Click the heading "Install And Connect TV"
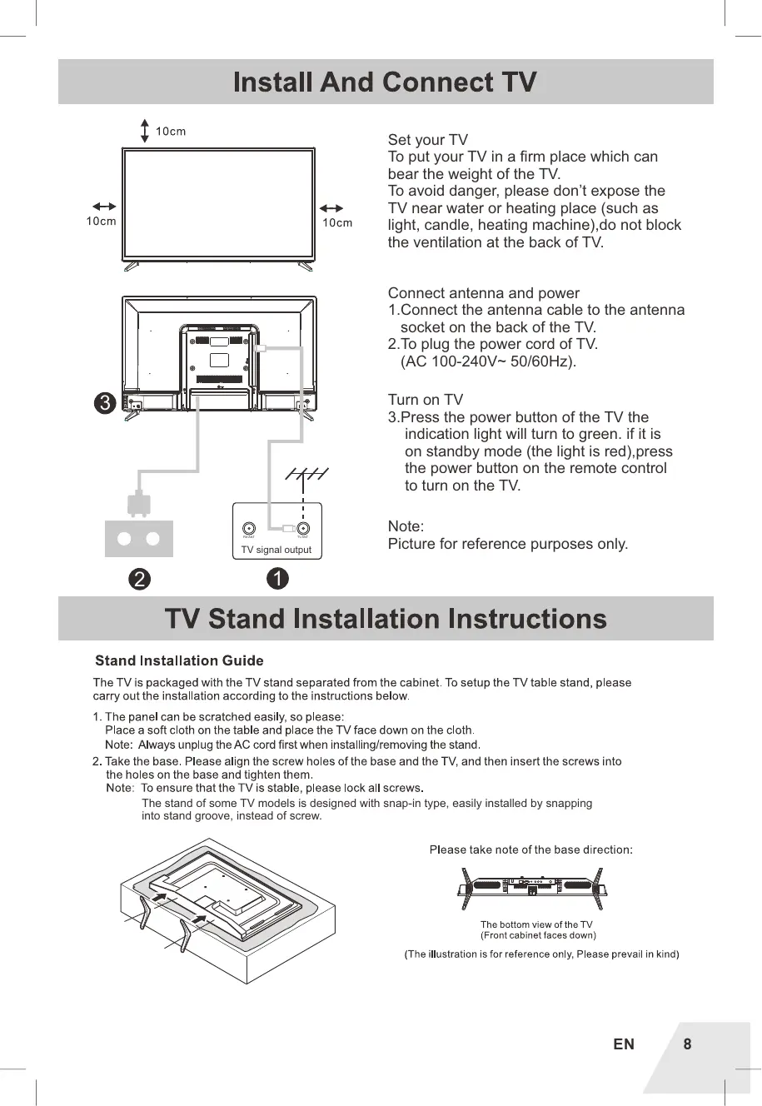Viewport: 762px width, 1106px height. pyautogui.click(x=385, y=82)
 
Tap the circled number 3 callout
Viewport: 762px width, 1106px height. pyautogui.click(x=104, y=404)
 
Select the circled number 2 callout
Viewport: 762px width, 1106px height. pyautogui.click(x=139, y=578)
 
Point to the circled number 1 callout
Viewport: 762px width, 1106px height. pyautogui.click(x=277, y=578)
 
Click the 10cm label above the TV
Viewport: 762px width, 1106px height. pyautogui.click(x=171, y=132)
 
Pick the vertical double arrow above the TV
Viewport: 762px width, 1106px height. pyautogui.click(x=146, y=131)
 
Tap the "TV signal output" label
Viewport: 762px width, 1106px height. pyautogui.click(x=276, y=550)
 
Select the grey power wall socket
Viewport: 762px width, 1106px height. pyautogui.click(x=139, y=539)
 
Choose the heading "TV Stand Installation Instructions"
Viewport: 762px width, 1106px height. pyautogui.click(x=386, y=619)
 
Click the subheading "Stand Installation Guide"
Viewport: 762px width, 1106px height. pyautogui.click(x=179, y=660)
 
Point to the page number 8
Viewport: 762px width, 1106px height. pyautogui.click(x=687, y=1044)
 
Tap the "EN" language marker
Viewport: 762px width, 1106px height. pyautogui.click(x=624, y=1044)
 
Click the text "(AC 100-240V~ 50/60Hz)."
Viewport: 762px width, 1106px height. pyautogui.click(x=488, y=361)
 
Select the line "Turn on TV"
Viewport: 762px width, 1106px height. pyautogui.click(x=425, y=400)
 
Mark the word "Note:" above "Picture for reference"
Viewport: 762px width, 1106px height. pyautogui.click(x=406, y=526)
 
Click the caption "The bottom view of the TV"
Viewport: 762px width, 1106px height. pyautogui.click(x=536, y=924)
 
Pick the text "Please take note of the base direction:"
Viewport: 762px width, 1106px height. pyautogui.click(x=530, y=849)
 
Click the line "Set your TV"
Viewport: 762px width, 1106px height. pyautogui.click(x=428, y=140)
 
